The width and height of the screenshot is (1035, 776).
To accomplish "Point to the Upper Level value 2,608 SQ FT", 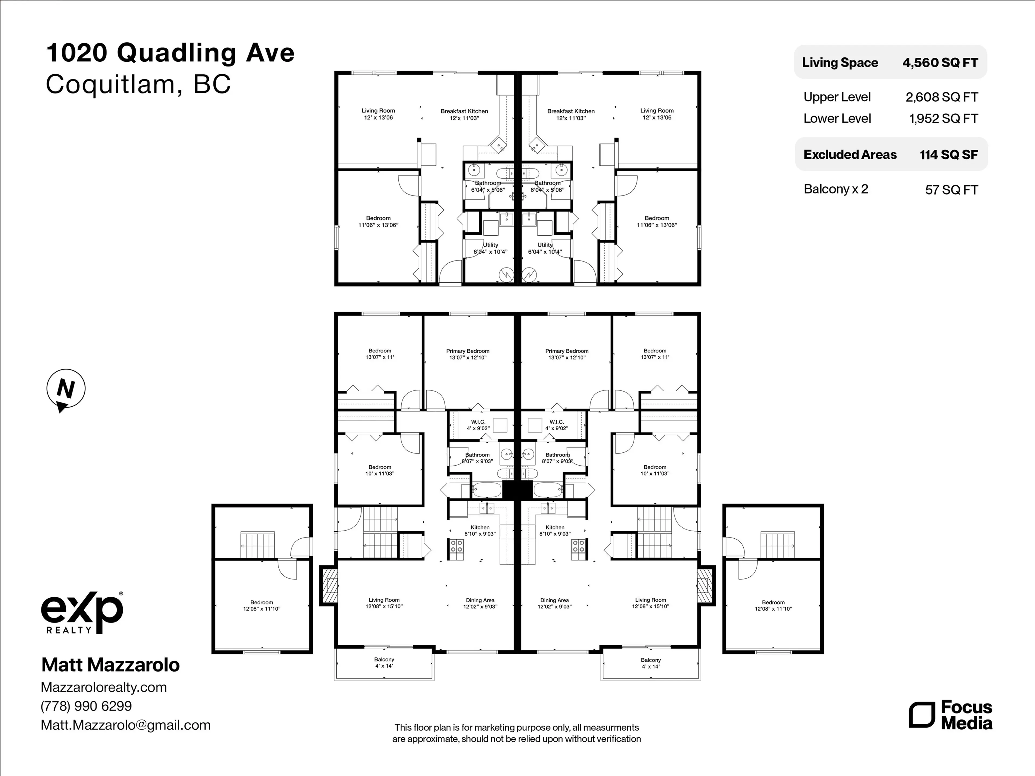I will [941, 97].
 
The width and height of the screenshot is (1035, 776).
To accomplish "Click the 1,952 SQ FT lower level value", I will [943, 119].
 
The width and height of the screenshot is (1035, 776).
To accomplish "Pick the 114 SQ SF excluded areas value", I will [948, 155].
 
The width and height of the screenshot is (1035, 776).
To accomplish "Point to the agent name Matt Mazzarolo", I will [111, 665].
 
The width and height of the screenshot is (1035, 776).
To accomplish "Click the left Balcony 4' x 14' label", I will [384, 662].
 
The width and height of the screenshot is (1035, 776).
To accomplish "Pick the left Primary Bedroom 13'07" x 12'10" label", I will [467, 354].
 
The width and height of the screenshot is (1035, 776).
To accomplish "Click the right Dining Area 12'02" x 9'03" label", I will [554, 603].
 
